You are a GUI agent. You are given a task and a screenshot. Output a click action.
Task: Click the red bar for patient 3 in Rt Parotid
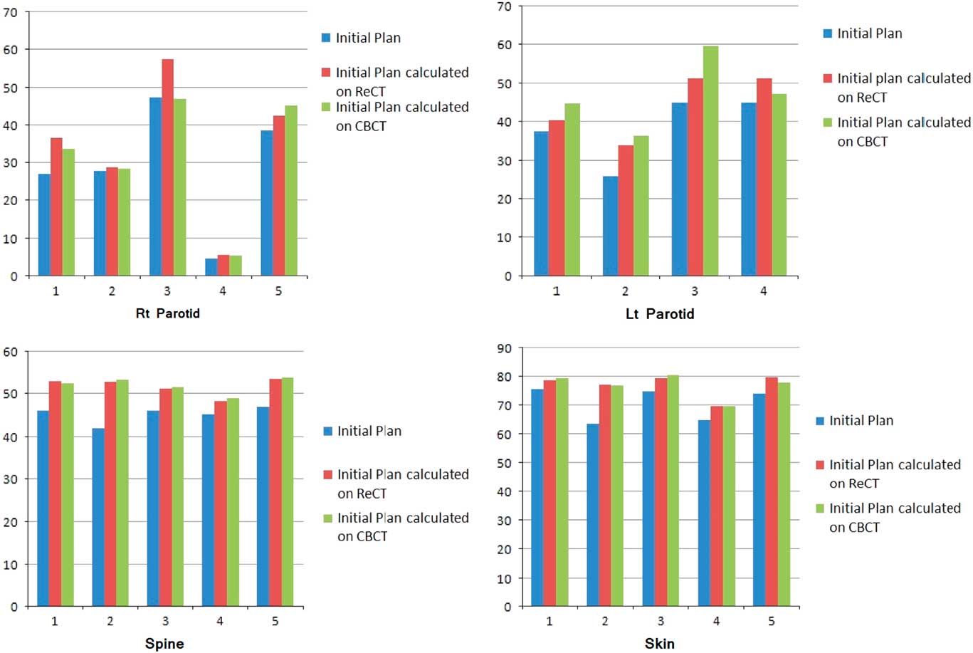click(167, 167)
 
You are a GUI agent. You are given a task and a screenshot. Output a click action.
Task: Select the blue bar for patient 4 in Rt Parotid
click(211, 267)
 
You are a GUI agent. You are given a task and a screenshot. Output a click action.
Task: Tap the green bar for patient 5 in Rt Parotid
click(290, 190)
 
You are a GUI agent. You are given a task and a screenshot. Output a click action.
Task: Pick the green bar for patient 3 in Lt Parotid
click(710, 161)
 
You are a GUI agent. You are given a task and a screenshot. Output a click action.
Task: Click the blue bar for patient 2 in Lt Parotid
click(610, 226)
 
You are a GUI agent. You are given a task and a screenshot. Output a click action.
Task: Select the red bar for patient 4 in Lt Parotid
click(764, 177)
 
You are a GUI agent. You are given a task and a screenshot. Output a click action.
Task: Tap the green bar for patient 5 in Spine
click(288, 492)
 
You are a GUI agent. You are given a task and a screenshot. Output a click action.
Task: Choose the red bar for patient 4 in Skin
click(716, 506)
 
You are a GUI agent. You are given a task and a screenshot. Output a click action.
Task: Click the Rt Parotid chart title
click(167, 313)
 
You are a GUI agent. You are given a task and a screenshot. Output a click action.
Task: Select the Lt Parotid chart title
click(659, 313)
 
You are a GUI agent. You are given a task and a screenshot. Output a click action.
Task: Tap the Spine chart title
click(164, 644)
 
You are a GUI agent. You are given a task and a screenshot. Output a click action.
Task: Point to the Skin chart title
click(659, 644)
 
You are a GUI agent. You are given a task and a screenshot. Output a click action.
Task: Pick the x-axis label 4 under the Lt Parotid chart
click(763, 291)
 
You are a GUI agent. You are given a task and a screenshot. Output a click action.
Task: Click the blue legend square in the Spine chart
click(327, 431)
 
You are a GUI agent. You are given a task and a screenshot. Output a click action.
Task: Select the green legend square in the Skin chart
click(819, 508)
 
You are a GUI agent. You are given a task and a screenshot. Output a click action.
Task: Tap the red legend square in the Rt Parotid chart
click(326, 73)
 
